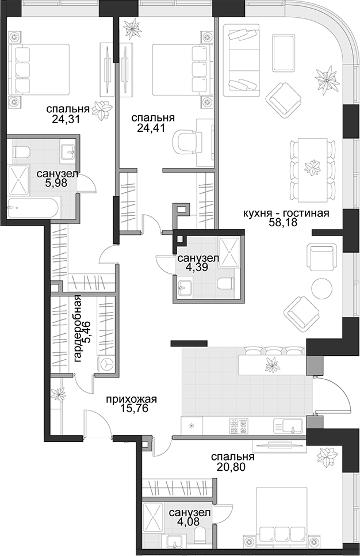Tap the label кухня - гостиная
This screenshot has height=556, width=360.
(286, 214)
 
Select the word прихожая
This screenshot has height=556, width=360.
(132, 399)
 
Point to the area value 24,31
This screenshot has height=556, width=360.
(65, 119)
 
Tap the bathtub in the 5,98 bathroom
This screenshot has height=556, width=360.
(35, 207)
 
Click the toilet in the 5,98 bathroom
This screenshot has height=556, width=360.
(21, 153)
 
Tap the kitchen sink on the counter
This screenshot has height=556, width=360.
(289, 425)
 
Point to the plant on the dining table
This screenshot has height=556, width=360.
(313, 167)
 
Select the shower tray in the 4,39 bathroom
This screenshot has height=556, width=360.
(229, 251)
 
